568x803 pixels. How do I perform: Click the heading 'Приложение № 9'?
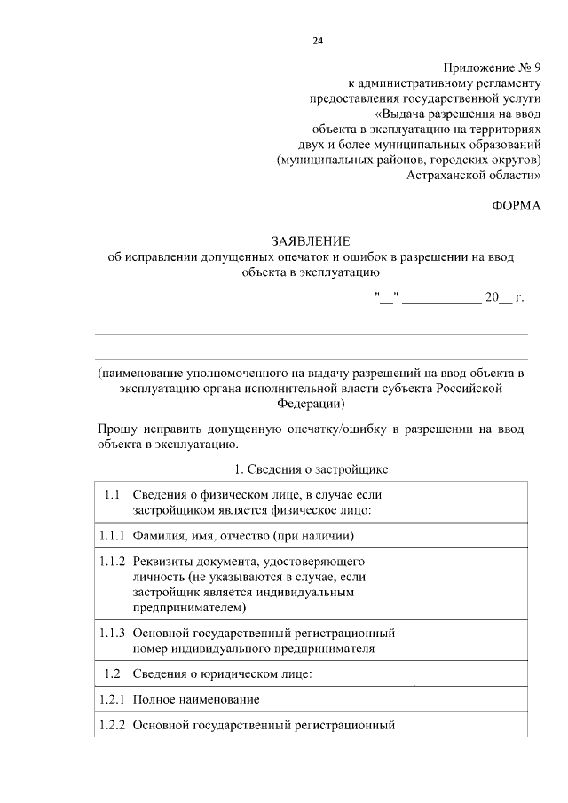tap(491, 68)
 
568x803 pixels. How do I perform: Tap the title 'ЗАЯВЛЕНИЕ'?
tap(311, 241)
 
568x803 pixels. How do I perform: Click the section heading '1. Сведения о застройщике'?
tap(311, 468)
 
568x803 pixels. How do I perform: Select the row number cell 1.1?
tap(111, 494)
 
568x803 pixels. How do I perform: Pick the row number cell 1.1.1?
tap(111, 536)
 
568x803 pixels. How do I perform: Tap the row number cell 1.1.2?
tap(111, 563)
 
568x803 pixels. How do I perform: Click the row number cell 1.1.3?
tap(111, 633)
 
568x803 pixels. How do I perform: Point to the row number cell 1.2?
tap(111, 674)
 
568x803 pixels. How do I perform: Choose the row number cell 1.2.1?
tap(111, 700)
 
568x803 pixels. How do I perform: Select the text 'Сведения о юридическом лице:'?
tap(222, 674)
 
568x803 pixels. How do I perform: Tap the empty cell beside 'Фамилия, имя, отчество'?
tap(469, 536)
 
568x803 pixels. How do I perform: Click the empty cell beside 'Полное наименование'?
tap(469, 700)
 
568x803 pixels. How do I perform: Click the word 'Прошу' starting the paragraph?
tap(118, 429)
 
